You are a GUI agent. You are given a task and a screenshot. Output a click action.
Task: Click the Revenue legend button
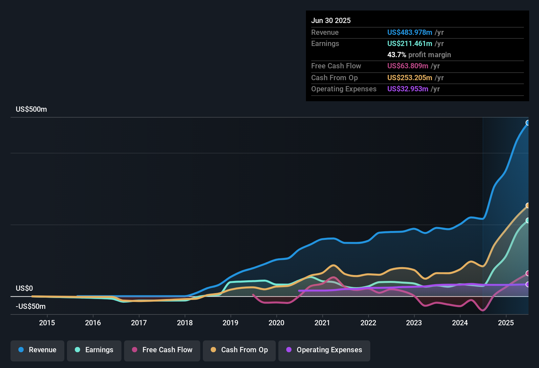click(37, 350)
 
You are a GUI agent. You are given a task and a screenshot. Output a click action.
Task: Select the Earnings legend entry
click(94, 350)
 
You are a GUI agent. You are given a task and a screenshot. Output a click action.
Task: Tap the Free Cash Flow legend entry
click(162, 350)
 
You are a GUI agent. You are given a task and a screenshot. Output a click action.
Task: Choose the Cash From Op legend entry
click(239, 350)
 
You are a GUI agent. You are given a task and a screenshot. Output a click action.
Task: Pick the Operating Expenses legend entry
click(324, 350)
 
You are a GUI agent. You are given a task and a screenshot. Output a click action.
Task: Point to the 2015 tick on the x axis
click(47, 323)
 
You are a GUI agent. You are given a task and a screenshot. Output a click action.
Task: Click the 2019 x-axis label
click(230, 323)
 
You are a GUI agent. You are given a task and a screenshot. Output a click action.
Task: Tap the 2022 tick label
click(368, 323)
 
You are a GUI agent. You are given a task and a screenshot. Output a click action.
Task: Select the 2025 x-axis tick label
click(506, 323)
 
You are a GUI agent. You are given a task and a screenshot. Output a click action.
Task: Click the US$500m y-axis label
click(31, 109)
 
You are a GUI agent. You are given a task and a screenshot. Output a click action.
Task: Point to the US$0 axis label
click(24, 288)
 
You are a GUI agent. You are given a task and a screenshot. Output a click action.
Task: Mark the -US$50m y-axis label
click(31, 307)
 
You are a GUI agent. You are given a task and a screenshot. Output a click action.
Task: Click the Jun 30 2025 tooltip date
click(331, 21)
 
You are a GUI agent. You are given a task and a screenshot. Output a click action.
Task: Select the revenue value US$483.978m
click(410, 33)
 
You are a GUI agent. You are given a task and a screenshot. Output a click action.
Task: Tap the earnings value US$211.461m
click(410, 44)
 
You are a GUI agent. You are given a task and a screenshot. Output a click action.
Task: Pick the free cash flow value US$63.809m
click(408, 66)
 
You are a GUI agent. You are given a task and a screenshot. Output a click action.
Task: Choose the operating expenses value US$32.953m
click(408, 89)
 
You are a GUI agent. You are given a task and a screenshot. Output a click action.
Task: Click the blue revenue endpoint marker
click(528, 123)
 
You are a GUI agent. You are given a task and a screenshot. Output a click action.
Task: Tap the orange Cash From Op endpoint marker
click(528, 205)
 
